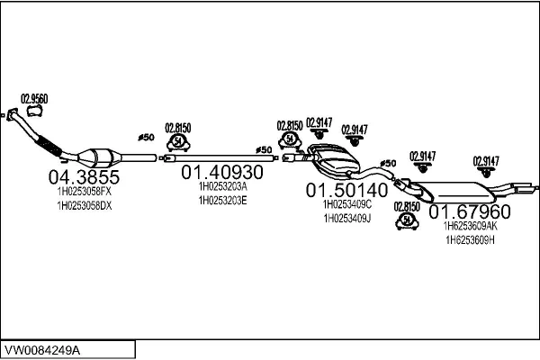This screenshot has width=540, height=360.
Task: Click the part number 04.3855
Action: pos(79,176)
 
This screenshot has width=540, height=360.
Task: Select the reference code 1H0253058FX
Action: pos(79,192)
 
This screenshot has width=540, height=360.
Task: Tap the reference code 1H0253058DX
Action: pos(79,206)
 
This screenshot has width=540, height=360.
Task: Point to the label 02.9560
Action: pos(34,99)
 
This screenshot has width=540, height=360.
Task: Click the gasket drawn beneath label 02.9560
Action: pos(35,112)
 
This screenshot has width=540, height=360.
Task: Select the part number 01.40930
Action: pos(222,171)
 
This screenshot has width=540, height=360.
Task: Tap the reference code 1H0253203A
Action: pos(222,186)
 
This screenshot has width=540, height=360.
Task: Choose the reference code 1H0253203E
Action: pos(222,200)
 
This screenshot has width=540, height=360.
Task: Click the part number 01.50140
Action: pos(346,190)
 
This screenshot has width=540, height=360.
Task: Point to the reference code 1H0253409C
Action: pos(346,204)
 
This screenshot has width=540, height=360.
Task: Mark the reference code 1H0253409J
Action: pos(346,218)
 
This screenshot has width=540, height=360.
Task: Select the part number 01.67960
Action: pos(469,212)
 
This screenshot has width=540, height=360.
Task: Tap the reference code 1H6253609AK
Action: pos(470,228)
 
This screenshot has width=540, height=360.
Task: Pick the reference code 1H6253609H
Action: pos(470,241)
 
